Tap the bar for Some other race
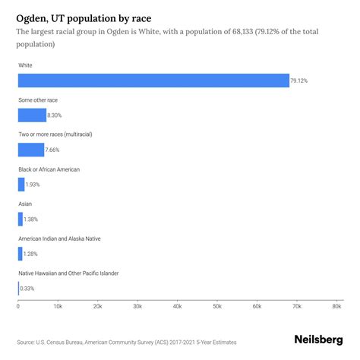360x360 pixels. [x=32, y=115]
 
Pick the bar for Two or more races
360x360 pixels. [x=31, y=150]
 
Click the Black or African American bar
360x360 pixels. [x=21, y=184]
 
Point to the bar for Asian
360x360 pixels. [x=21, y=219]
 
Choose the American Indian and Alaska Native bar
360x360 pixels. [x=21, y=253]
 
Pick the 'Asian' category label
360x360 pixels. [x=25, y=204]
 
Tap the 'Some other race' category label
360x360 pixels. [x=38, y=99]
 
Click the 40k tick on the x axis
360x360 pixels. [x=177, y=306]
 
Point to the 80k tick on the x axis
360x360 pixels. [x=336, y=306]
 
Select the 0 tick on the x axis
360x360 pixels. [x=18, y=306]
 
